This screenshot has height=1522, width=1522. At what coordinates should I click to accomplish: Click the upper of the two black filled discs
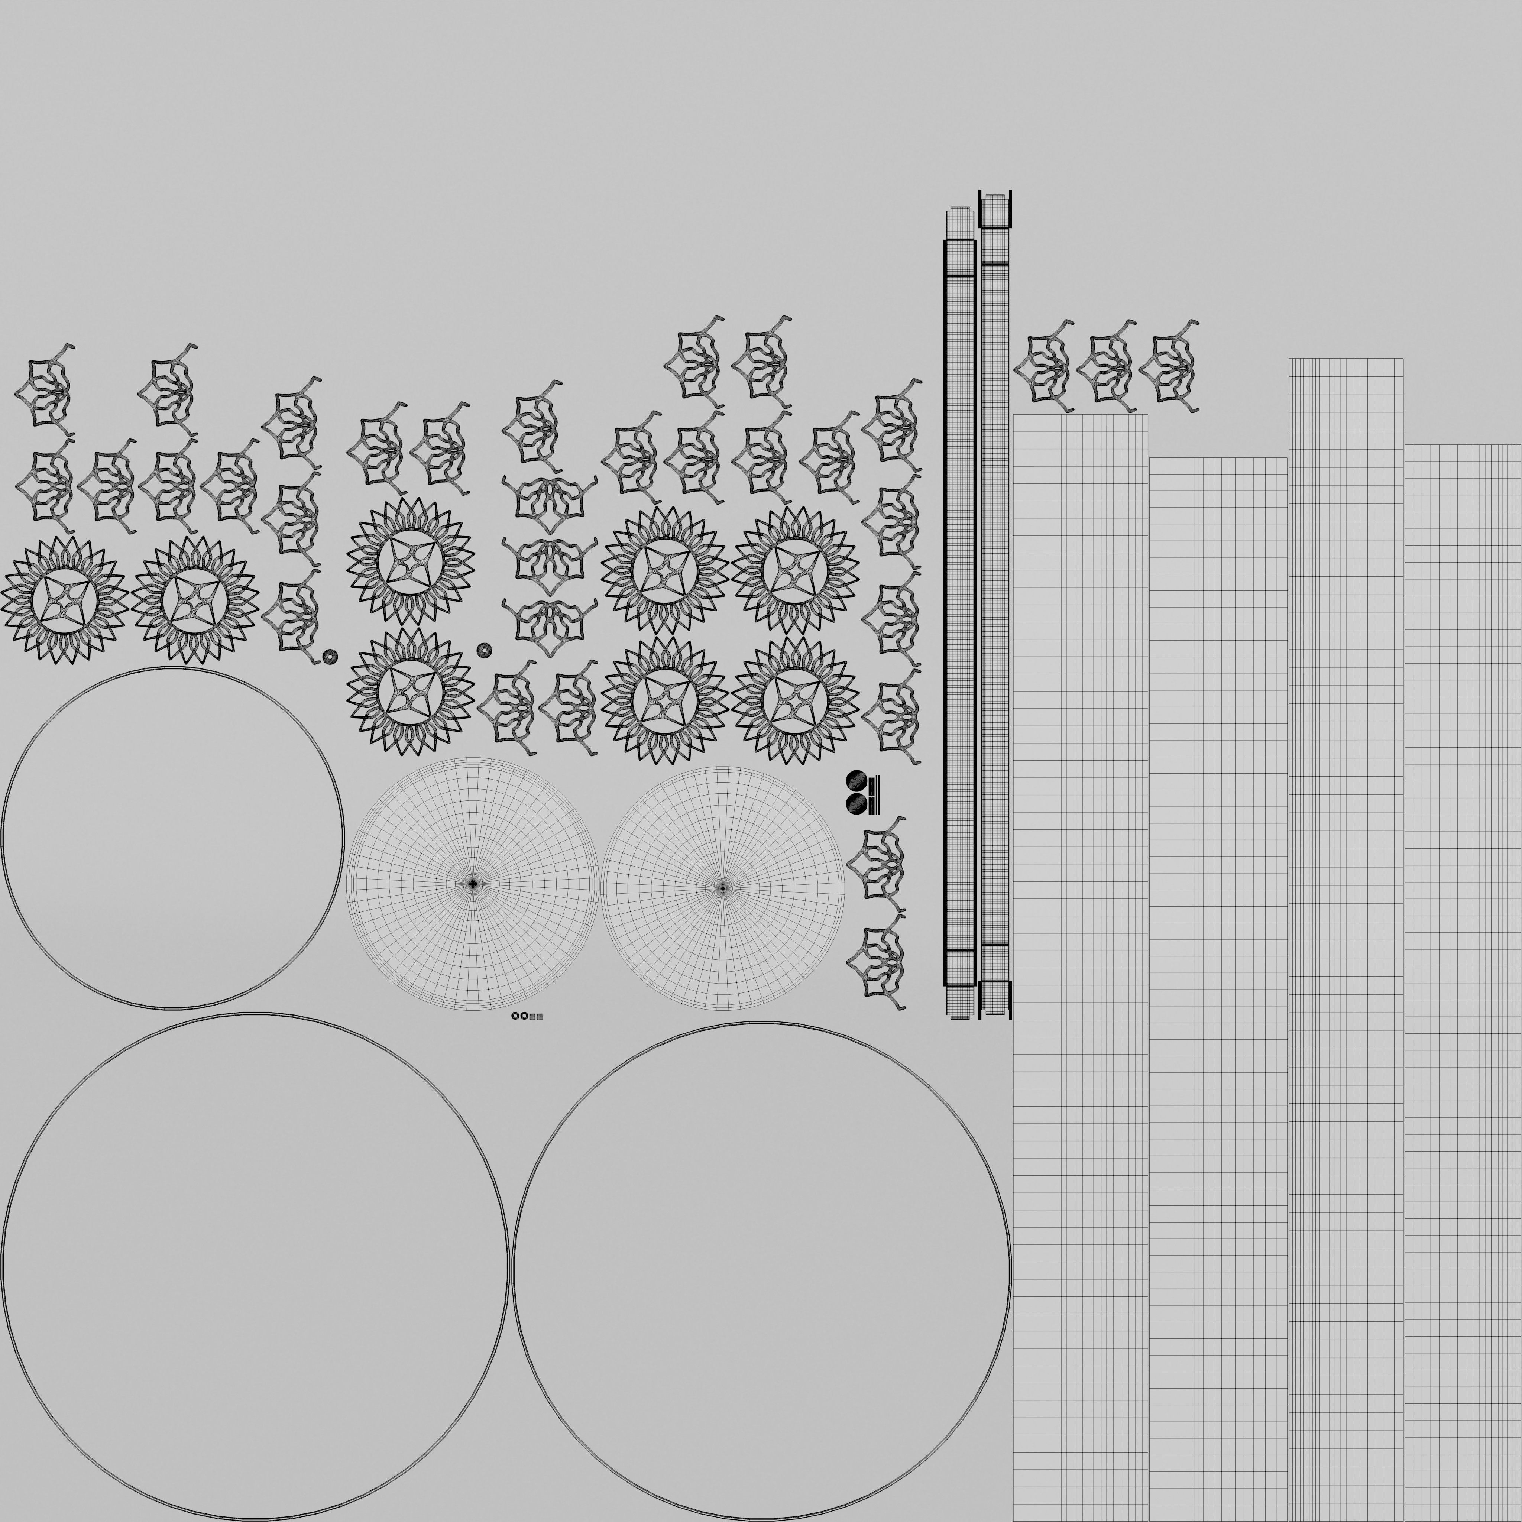pos(856,781)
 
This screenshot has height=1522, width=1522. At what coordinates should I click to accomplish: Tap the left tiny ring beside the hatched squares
pos(515,1016)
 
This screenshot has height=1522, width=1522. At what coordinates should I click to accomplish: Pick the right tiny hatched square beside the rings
pos(540,1016)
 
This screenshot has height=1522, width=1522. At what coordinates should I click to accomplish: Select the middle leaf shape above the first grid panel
pos(1107,366)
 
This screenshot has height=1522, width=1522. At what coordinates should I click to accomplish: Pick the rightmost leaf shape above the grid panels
pos(1170,366)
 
